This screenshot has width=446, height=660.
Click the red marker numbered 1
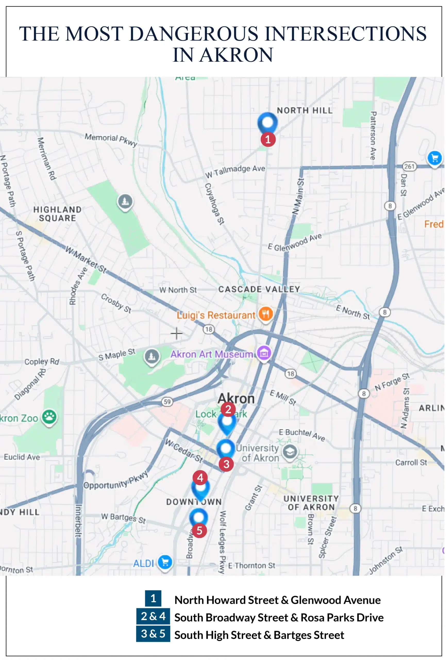[268, 139]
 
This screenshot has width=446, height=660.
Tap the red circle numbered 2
[228, 409]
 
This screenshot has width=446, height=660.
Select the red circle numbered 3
[226, 464]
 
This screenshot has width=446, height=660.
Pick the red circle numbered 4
[200, 478]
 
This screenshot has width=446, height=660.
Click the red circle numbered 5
[199, 530]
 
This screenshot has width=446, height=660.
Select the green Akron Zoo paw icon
[49, 417]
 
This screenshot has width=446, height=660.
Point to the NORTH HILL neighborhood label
[305, 111]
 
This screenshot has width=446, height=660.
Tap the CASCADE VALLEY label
[259, 289]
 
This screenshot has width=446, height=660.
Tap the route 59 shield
[167, 402]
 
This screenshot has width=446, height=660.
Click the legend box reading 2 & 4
[153, 616]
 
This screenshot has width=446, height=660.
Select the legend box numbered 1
[153, 598]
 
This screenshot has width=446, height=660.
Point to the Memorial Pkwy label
[111, 139]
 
